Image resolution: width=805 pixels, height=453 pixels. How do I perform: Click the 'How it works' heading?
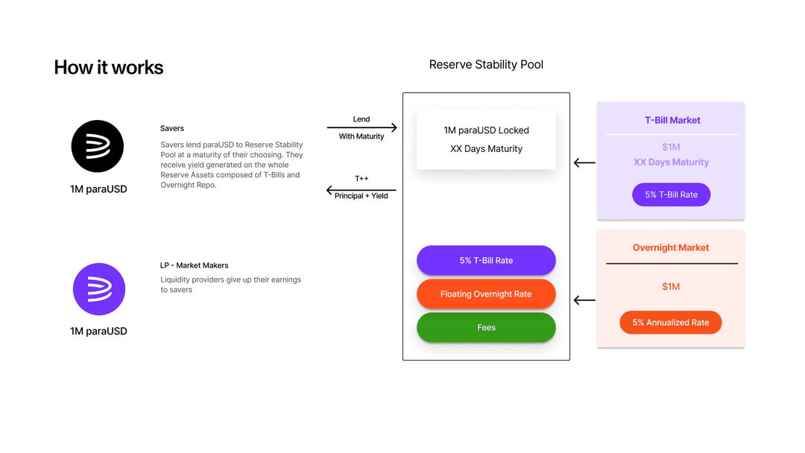pos(109,68)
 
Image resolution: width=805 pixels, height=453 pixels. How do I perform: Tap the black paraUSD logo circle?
pos(98,146)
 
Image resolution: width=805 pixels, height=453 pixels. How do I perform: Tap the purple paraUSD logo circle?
pos(99,289)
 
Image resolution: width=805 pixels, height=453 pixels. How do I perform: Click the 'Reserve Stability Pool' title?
pos(486,65)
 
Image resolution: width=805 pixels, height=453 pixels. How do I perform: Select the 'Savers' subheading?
pos(172,129)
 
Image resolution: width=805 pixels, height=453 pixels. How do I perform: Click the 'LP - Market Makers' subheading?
pos(195,265)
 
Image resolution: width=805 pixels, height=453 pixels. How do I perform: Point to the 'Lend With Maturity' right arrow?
pos(362,128)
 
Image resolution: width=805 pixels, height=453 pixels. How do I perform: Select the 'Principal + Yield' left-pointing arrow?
pos(362,191)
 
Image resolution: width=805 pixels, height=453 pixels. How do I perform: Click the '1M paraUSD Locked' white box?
pos(486,139)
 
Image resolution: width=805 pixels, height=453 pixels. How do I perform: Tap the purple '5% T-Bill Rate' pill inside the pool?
pos(486,261)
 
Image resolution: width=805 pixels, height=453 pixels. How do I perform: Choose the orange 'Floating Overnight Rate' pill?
pos(486,294)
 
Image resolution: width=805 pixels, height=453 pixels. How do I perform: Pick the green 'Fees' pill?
pos(486,328)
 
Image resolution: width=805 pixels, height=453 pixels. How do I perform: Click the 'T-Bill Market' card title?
pos(672,120)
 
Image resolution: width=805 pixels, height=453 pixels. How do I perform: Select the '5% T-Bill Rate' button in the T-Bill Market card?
pos(671,195)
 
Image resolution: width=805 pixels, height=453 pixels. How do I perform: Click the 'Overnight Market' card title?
pos(671,247)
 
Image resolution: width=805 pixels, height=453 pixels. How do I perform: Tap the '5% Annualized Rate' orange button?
pos(671,323)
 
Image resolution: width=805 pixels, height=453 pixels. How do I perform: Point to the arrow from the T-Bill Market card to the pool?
pos(584,162)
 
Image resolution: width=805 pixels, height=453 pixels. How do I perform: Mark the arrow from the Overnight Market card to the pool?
pos(584,300)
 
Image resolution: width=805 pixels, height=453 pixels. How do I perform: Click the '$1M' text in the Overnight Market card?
pos(671,287)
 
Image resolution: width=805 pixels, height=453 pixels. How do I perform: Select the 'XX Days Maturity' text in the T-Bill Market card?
pos(671,162)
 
